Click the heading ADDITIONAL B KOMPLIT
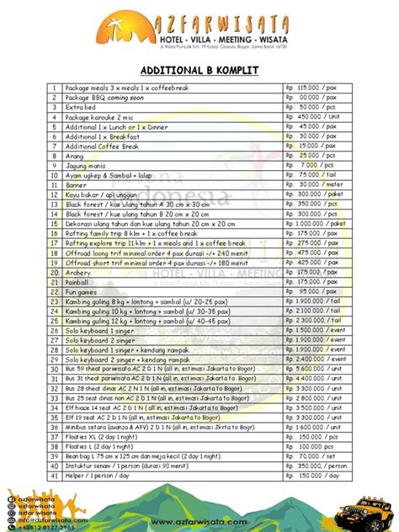(199, 71)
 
